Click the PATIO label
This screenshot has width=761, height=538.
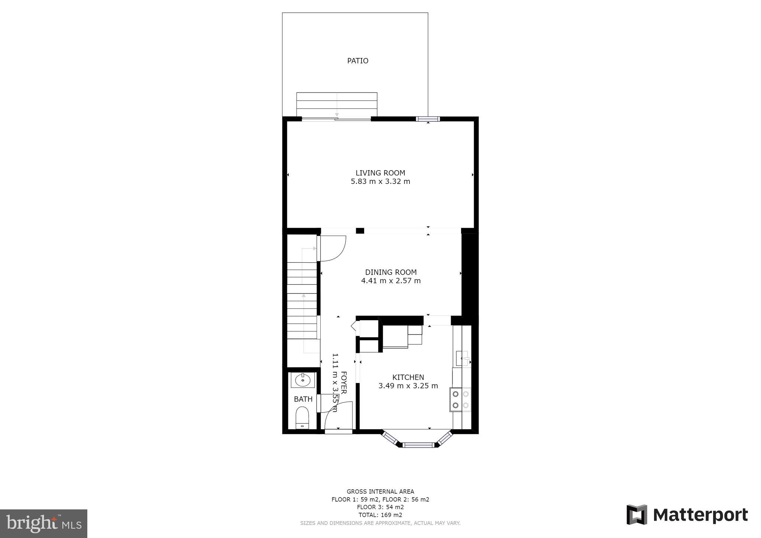357,61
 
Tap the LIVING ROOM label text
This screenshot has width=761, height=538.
380,173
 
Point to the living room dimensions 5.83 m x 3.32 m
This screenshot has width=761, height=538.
380,182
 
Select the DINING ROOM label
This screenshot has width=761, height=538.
391,272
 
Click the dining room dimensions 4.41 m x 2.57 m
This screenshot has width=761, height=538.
391,281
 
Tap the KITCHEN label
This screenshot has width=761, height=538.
408,377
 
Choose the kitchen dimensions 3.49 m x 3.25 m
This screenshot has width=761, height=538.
408,386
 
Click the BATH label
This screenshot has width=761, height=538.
303,399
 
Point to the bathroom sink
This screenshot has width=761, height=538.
303,380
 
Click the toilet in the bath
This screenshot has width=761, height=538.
302,418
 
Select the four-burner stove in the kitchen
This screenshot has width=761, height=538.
460,399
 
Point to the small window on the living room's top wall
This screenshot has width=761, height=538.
428,119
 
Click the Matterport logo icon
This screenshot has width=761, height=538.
637,515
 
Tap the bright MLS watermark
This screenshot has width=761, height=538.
43,524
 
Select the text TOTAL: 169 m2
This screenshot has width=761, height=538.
380,515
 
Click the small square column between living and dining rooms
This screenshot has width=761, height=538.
360,231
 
